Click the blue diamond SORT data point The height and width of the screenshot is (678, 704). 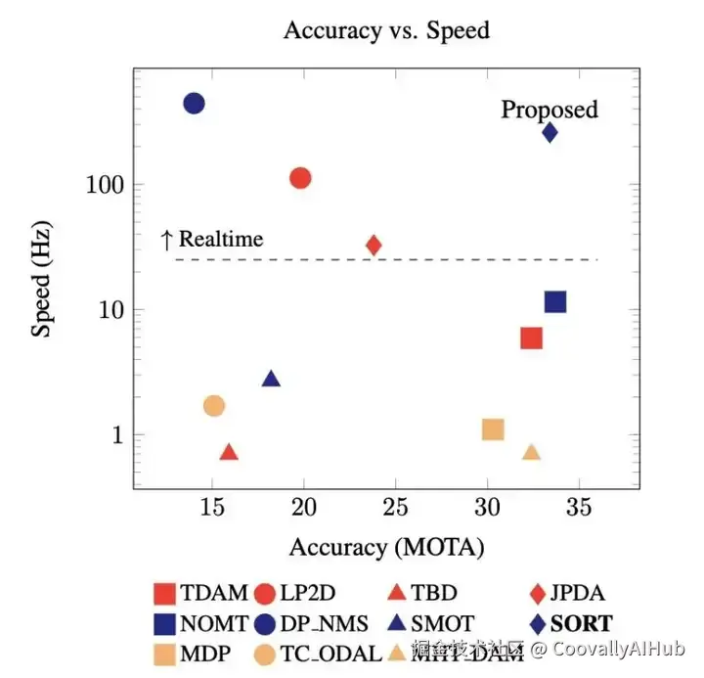click(550, 132)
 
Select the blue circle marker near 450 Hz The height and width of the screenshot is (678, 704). click(194, 103)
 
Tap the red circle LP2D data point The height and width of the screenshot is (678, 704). click(300, 178)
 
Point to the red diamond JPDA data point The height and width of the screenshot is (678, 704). click(374, 245)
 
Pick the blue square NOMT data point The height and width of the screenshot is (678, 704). click(555, 301)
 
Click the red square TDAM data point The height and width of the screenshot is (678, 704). click(531, 339)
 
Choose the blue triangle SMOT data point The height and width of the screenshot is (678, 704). click(271, 380)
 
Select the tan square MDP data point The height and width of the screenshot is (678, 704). click(493, 429)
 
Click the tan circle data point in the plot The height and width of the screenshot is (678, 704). click(214, 405)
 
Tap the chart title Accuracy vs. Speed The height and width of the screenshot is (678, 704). click(386, 30)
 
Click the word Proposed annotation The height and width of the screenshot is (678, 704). click(549, 109)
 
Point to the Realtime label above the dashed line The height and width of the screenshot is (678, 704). click(221, 239)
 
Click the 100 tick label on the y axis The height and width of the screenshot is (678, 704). click(99, 185)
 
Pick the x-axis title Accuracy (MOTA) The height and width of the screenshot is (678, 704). click(386, 547)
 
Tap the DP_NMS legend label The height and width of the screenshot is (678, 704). click(327, 622)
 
